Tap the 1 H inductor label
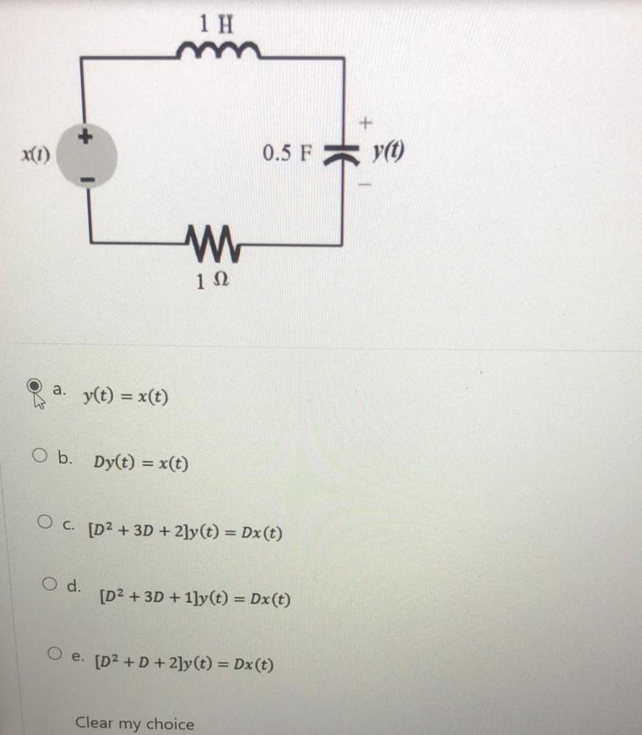(x=216, y=24)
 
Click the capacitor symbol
(x=341, y=155)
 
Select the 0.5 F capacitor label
(x=288, y=155)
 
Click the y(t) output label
(x=389, y=154)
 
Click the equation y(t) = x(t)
(x=125, y=398)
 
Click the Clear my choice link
(x=135, y=722)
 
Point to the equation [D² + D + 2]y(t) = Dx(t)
(x=185, y=665)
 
